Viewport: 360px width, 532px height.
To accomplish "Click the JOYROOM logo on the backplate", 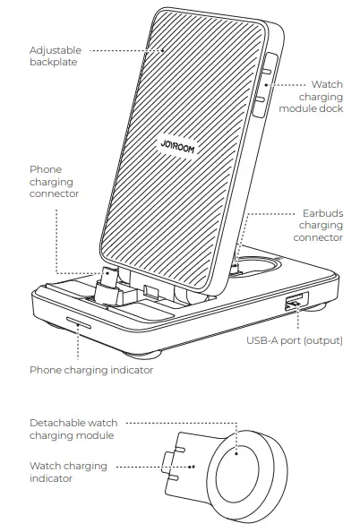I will point(174,146).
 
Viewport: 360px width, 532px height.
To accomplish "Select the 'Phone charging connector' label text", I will point(53,181).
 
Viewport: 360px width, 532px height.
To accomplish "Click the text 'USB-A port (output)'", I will point(295,340).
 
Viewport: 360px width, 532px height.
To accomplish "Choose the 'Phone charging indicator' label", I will point(90,370).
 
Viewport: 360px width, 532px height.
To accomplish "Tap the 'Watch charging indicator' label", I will point(68,472).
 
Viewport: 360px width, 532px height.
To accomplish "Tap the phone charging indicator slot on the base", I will point(77,325).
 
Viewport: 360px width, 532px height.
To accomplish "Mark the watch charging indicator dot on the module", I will point(193,467).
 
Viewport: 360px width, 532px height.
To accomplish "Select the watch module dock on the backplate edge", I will point(267,87).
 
